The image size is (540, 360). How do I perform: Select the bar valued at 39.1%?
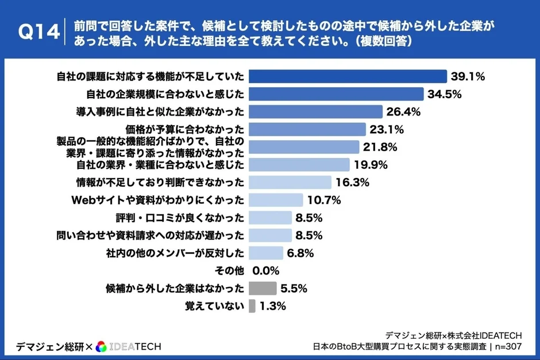(x=348, y=76)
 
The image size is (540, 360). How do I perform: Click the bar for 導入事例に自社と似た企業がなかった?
(x=315, y=111)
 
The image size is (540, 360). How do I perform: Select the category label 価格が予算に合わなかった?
(x=185, y=129)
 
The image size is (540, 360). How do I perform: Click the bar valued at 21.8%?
(x=304, y=147)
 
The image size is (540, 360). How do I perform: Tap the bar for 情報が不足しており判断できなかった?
(x=290, y=183)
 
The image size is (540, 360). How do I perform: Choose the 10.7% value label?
(x=325, y=200)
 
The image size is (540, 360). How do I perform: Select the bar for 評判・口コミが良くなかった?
(x=270, y=218)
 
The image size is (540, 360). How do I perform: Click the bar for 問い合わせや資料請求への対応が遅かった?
(x=270, y=235)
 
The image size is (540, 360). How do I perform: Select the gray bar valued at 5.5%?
(x=263, y=288)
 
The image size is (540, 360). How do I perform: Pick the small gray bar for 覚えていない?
(x=252, y=306)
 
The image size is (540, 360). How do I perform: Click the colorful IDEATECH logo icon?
(x=101, y=346)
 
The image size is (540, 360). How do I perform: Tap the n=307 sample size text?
(x=507, y=346)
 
